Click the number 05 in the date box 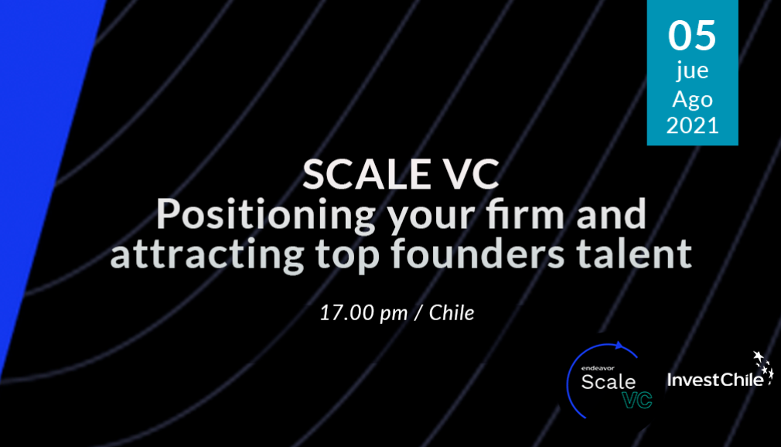pos(692,36)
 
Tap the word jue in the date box pos(692,71)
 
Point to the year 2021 pos(692,125)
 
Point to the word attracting pos(207,253)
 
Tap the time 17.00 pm pos(363,313)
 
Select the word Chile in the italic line pos(452,313)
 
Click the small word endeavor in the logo pos(598,368)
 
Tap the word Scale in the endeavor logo pos(608,382)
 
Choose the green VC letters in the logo pos(637,400)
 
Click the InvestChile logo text pos(715,380)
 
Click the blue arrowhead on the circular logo pos(619,346)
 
